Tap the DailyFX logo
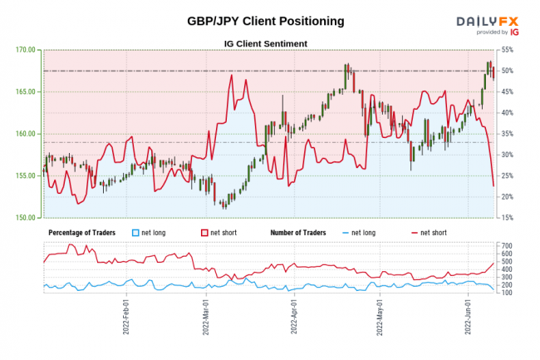click(485, 22)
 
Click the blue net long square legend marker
click(135, 232)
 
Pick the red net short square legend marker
click(204, 232)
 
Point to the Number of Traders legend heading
click(297, 232)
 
